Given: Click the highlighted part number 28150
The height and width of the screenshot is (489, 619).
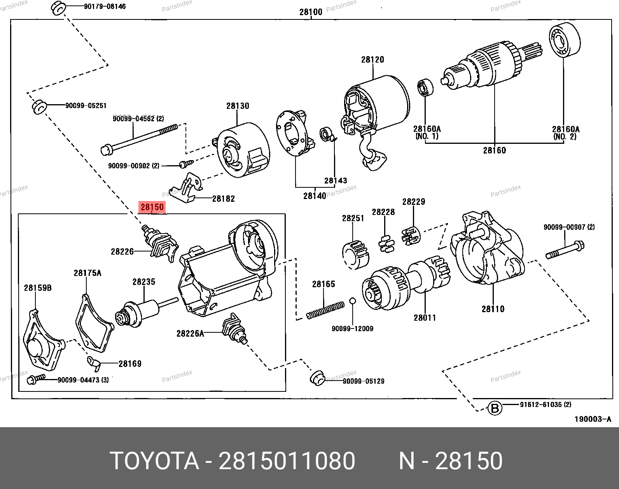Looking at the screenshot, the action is coord(152,207).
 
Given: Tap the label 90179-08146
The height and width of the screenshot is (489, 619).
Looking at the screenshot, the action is coord(105,6).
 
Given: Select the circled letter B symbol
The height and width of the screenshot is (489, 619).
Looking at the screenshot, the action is coord(495,408).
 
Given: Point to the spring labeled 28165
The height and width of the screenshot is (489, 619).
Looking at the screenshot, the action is coord(325,310).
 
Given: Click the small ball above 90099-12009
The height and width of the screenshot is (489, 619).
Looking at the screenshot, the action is coord(353,301).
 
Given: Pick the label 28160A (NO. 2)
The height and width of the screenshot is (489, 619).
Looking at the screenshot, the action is coord(565,133).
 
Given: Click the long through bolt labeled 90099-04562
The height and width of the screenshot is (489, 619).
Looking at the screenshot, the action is coord(140,140).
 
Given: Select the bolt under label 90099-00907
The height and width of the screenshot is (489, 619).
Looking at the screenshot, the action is coord(565,250).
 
